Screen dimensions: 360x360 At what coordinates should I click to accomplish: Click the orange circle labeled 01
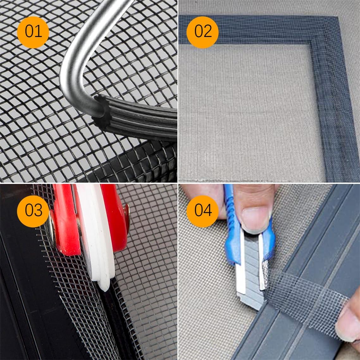click(x=33, y=32)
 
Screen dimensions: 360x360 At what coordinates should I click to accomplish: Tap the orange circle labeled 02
click(x=203, y=32)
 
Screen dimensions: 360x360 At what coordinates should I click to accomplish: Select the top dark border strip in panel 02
click(x=253, y=30)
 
